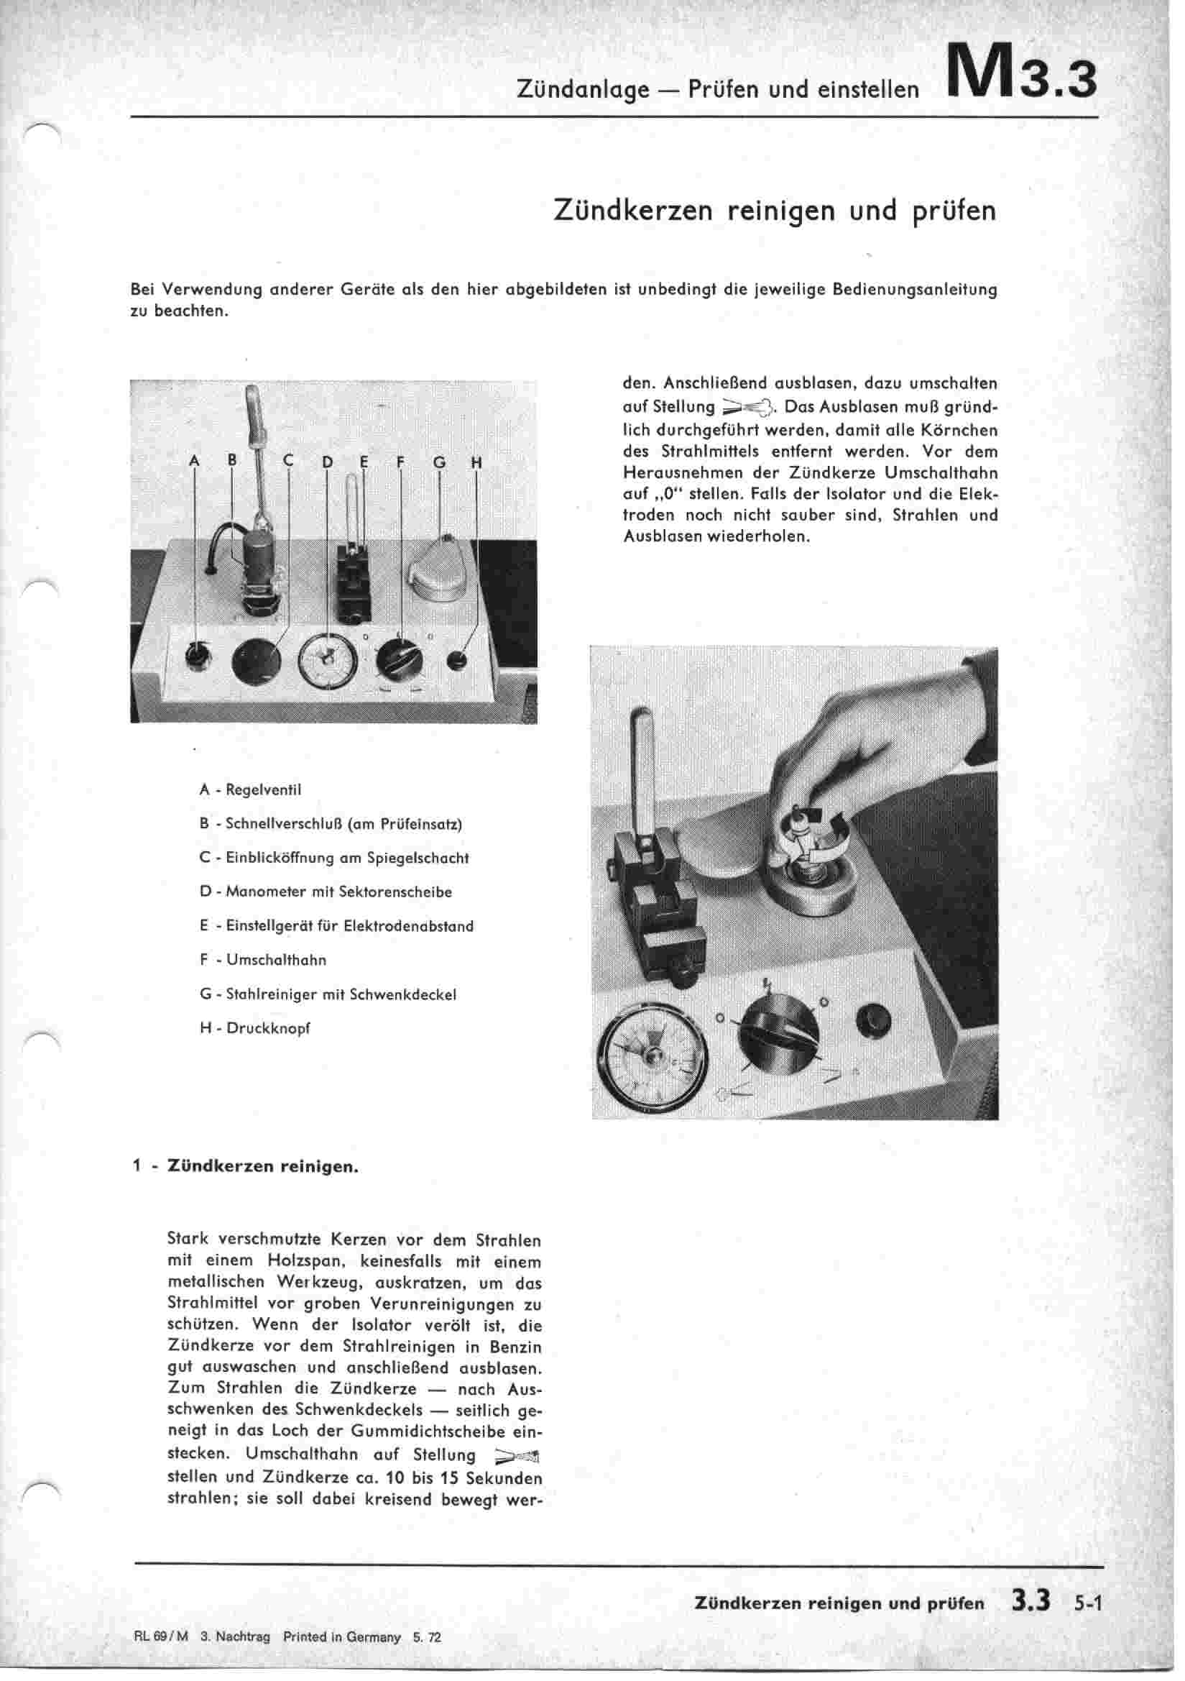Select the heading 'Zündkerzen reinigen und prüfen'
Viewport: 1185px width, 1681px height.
point(775,210)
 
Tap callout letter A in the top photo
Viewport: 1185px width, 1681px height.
point(194,462)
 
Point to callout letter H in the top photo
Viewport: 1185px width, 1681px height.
point(476,463)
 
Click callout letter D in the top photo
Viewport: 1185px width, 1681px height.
point(326,463)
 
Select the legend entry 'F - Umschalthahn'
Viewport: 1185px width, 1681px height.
point(263,960)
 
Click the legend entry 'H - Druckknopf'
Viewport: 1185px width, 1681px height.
point(254,1028)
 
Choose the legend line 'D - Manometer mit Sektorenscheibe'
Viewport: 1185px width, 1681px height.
point(326,892)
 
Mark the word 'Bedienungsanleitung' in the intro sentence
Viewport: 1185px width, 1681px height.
point(915,289)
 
